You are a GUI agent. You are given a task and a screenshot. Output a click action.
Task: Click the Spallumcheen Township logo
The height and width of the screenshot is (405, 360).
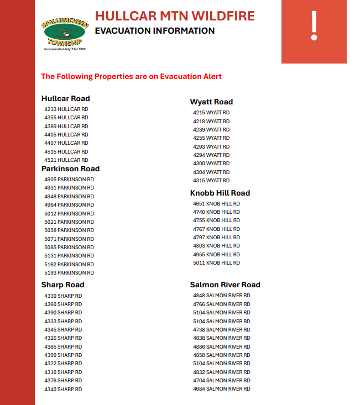pos(64,31)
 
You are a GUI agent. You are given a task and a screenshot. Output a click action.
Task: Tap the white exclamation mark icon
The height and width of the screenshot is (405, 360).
pos(314,26)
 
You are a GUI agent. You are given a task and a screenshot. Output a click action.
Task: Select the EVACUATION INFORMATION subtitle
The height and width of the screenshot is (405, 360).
pos(154,31)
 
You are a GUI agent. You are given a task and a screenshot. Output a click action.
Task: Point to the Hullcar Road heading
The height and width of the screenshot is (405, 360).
pos(65,98)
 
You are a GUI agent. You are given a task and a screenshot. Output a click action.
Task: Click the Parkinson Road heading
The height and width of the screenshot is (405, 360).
pos(70,169)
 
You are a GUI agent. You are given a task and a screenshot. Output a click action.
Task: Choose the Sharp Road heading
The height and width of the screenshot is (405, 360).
pos(62,285)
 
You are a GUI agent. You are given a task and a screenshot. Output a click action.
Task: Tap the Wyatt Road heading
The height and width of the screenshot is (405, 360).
pos(211,102)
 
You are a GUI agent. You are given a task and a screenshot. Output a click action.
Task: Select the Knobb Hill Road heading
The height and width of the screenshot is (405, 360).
pos(220,193)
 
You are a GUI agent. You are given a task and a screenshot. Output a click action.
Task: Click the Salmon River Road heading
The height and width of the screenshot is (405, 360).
pos(225,285)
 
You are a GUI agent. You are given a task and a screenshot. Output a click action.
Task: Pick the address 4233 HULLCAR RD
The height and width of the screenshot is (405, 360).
pos(66,109)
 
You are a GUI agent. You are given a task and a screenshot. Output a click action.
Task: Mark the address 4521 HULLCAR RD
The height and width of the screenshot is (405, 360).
pos(66,160)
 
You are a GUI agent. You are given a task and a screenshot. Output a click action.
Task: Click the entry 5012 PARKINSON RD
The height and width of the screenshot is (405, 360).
pos(69,213)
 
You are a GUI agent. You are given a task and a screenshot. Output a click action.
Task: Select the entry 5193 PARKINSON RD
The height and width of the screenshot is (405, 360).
pos(69,273)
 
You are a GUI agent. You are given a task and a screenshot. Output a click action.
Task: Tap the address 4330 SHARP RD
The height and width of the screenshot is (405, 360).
pos(63,296)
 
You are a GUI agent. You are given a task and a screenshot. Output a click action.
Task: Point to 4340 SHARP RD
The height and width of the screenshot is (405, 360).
pos(63,390)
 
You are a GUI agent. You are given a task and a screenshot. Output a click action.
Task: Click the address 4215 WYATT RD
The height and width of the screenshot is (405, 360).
pos(211,113)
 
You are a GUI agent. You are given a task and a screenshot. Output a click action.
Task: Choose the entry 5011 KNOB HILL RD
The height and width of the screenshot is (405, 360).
pos(216,263)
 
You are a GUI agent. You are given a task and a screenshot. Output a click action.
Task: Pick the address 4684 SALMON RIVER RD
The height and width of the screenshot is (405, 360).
pos(221,389)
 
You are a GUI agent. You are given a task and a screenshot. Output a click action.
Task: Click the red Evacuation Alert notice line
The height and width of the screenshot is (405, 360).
pos(131,76)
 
